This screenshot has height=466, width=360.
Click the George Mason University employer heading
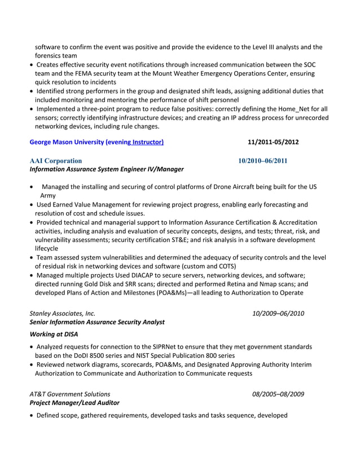(x=96, y=142)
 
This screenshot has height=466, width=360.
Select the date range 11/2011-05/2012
(x=273, y=142)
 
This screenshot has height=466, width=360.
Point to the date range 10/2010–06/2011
(x=262, y=161)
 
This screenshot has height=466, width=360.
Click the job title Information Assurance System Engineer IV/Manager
(x=106, y=169)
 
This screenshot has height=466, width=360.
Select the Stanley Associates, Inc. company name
(x=62, y=313)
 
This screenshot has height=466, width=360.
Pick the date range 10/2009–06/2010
(x=278, y=313)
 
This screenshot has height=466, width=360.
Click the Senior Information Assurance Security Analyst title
(x=96, y=322)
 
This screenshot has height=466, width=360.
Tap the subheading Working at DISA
(x=54, y=335)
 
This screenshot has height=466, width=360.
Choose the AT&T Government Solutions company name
(x=70, y=394)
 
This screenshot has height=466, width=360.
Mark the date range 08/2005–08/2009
(x=278, y=394)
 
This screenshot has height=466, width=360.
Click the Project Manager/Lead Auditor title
(x=74, y=403)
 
